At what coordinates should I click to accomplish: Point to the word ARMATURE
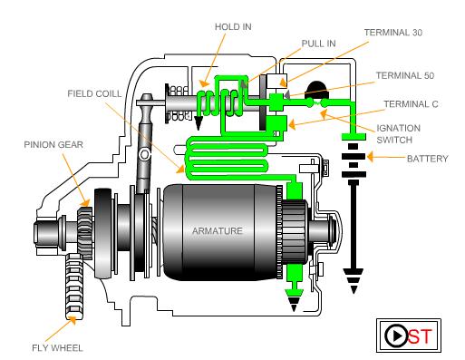pos(217,231)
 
